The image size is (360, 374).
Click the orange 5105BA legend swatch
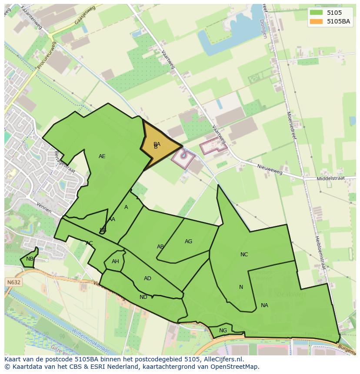[x=316, y=21]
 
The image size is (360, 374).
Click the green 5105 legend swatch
[x=316, y=13]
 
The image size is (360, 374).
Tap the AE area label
[x=102, y=156]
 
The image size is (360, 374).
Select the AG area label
[x=188, y=242]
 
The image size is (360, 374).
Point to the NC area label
[x=244, y=255]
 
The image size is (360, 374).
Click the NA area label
[x=264, y=305]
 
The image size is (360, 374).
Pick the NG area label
[x=223, y=331]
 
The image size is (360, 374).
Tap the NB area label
[x=30, y=259]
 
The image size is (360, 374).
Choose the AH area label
[x=115, y=261]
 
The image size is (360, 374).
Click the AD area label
[x=147, y=278]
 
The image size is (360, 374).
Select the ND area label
[x=143, y=297]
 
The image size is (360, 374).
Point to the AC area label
[x=89, y=243]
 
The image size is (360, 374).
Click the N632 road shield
[x=13, y=282]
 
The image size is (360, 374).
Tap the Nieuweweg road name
[x=270, y=169]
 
